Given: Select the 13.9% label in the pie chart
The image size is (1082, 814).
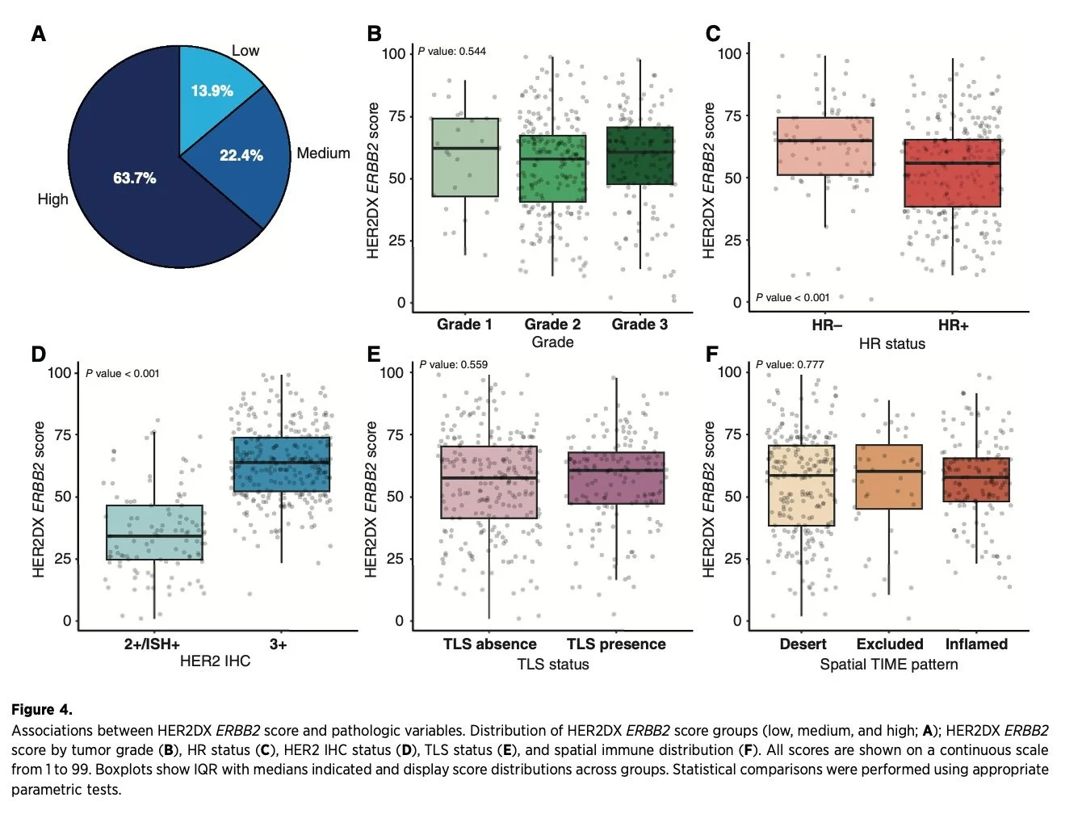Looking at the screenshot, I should tap(212, 90).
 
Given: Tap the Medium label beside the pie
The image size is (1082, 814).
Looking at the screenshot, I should tap(323, 153).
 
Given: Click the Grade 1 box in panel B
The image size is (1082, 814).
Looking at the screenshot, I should tap(465, 157).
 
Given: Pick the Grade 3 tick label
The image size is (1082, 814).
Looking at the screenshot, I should tap(640, 324).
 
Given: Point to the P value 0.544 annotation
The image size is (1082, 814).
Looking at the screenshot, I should tap(452, 51).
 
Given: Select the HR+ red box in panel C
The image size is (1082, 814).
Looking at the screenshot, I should tap(952, 173).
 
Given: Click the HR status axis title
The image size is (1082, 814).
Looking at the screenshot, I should tap(891, 343).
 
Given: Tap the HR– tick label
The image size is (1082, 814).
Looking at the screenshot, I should tap(827, 325).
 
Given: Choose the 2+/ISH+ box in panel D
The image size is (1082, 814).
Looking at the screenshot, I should tap(154, 532).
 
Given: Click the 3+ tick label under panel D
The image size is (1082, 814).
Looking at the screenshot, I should tap(278, 644).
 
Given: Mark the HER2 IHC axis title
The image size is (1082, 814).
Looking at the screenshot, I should tap(215, 661).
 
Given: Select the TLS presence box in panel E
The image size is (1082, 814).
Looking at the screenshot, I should tap(616, 478).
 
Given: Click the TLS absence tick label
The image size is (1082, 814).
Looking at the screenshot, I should tap(489, 644).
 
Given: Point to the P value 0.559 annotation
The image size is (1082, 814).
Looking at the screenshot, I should tap(454, 364).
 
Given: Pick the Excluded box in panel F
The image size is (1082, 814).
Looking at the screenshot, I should tap(888, 476).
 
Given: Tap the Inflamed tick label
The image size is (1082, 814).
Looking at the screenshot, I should tap(976, 644).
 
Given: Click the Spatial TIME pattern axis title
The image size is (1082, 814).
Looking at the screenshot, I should tap(888, 664).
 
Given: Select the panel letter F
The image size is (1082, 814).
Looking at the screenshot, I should tap(711, 355).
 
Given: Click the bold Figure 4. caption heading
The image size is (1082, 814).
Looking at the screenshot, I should tap(42, 710).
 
